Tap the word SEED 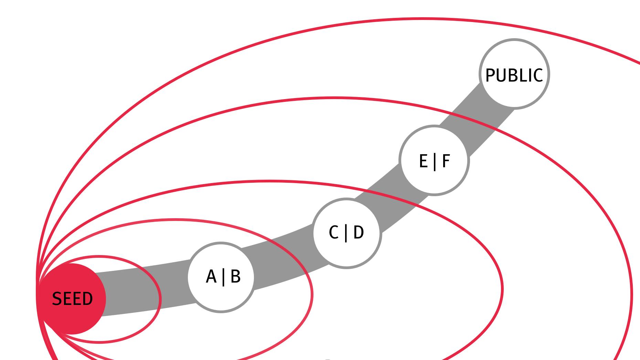(x=72, y=299)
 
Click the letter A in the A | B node (x=211, y=277)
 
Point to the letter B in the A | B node (x=235, y=277)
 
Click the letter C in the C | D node (x=333, y=233)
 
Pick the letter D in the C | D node (x=359, y=233)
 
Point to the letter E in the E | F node (x=423, y=161)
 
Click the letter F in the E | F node (x=446, y=161)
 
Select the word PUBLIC (x=514, y=75)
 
